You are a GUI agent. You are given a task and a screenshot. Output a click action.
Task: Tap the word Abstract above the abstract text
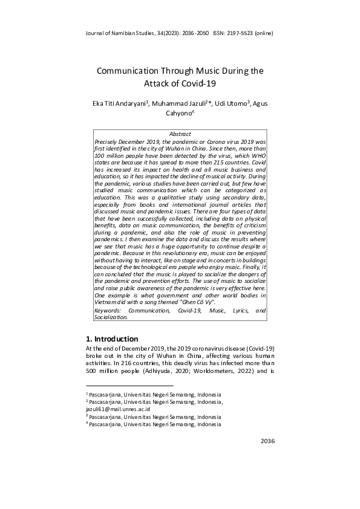[180, 134]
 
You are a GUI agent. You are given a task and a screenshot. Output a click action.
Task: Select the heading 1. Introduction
[112, 339]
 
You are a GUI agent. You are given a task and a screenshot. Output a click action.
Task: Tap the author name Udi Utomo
[231, 103]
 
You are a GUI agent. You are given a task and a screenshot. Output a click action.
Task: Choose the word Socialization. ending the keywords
[111, 317]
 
